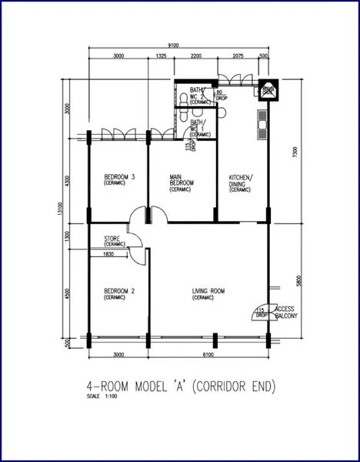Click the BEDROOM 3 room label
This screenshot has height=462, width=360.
point(120,180)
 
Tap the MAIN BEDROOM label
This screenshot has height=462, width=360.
point(181,182)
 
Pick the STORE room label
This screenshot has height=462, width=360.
point(115,241)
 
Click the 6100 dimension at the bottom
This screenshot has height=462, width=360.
point(208,354)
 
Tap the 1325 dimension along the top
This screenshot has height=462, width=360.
point(161,56)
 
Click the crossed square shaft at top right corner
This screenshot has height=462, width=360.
point(268,90)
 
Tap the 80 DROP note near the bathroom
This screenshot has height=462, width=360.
point(221,95)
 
